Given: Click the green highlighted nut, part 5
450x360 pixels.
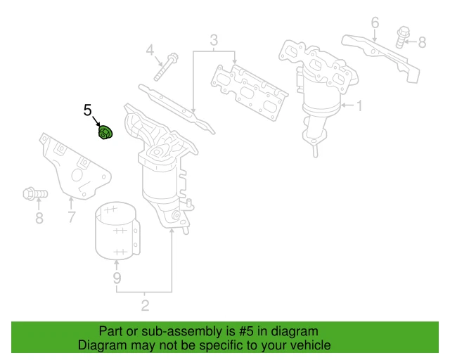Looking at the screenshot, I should [x=104, y=131].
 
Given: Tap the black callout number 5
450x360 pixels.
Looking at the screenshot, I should [x=88, y=110].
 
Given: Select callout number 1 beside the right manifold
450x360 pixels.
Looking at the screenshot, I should [x=358, y=107].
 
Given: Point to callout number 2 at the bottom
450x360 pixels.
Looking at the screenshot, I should [x=145, y=305].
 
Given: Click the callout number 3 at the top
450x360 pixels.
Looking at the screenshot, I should [x=214, y=39].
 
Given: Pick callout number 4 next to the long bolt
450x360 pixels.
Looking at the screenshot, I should [x=150, y=50].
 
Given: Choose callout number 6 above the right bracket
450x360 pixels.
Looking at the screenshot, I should [x=375, y=23].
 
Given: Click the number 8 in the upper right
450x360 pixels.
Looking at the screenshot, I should [x=422, y=43].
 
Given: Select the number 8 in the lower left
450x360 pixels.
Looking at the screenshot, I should [x=39, y=218].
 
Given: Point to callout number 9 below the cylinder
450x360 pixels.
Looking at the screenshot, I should [x=117, y=280].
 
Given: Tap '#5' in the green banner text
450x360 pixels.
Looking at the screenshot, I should [x=249, y=331].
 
